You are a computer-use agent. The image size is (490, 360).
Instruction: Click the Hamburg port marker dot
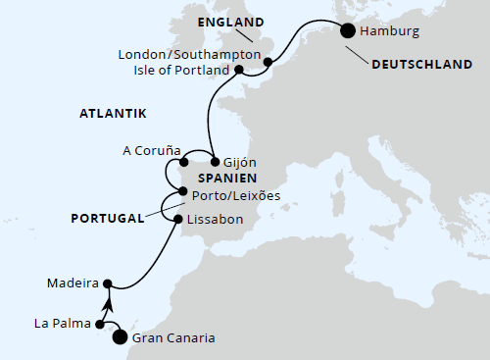coord(348,31)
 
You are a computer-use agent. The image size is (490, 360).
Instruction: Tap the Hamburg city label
coord(390,31)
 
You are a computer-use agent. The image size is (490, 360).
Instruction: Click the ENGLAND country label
coord(230,22)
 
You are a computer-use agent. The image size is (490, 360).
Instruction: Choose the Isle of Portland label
coord(181,71)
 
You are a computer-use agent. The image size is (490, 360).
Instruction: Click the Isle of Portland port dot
coord(239,71)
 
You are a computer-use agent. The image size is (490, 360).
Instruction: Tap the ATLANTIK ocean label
coord(112,115)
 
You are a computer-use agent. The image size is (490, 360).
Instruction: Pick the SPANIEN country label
coord(227,179)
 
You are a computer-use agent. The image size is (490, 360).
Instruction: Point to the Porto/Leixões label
coord(236,195)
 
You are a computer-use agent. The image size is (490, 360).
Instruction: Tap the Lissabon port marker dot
coord(177,220)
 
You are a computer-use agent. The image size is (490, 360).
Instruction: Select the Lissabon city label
coord(215,220)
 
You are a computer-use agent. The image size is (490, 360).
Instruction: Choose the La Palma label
coord(59,322)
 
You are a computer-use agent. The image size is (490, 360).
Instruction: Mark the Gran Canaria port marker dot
coord(121,338)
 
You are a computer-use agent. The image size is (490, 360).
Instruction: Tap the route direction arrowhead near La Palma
coord(109,305)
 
